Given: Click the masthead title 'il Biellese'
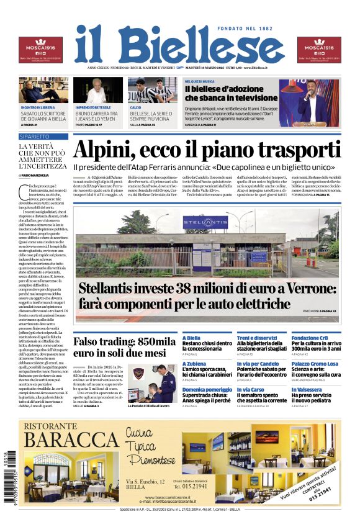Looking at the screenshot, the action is [x=179, y=45].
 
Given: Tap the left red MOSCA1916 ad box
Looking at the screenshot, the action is [x=40, y=50].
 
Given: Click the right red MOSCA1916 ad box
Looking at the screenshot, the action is [x=319, y=50].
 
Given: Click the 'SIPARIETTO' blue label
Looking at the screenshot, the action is [x=34, y=136].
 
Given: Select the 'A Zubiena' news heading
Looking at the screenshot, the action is [x=196, y=363].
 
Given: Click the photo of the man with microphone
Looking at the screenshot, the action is [x=309, y=102].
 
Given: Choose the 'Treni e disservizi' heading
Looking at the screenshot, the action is [x=256, y=338].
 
